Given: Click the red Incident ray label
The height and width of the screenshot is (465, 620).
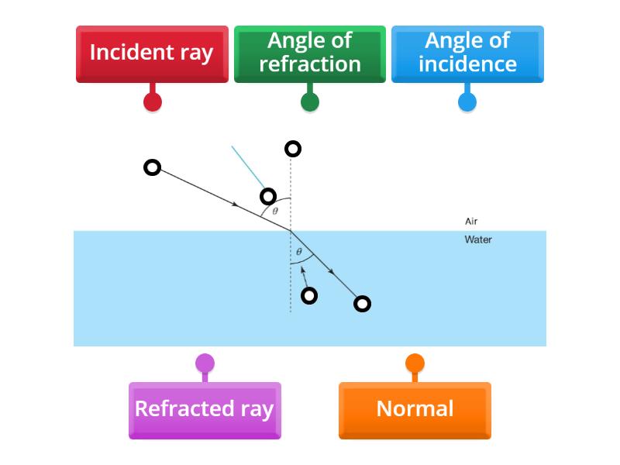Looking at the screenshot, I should pyautogui.click(x=152, y=53).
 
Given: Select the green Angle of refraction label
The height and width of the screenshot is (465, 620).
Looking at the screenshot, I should pyautogui.click(x=309, y=53).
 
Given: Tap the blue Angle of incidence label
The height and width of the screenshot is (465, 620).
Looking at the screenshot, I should pyautogui.click(x=467, y=53).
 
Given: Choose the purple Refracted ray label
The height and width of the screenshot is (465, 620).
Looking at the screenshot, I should pyautogui.click(x=205, y=409).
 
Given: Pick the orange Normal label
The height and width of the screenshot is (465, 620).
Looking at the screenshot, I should pyautogui.click(x=415, y=409).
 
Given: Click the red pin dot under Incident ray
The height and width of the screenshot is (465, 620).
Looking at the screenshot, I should pyautogui.click(x=153, y=102).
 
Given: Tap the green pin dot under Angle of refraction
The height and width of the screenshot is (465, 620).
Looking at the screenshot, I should pyautogui.click(x=309, y=102).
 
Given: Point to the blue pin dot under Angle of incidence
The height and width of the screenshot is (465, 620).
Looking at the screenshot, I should pyautogui.click(x=467, y=102).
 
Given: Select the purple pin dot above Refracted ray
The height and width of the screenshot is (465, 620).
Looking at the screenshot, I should pyautogui.click(x=205, y=363).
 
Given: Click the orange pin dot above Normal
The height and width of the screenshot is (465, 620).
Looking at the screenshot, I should pyautogui.click(x=415, y=363).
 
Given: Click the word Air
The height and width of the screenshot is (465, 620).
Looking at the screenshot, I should pyautogui.click(x=471, y=222).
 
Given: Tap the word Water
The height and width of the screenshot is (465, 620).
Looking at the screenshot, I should pyautogui.click(x=478, y=239).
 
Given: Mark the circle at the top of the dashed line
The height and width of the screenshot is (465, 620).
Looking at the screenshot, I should pyautogui.click(x=292, y=149).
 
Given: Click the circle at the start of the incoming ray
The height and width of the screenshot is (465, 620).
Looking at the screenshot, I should pyautogui.click(x=153, y=167).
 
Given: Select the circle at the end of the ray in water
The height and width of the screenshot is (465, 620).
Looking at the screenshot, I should pyautogui.click(x=362, y=304).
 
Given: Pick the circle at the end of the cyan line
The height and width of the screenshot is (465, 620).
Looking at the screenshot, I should pyautogui.click(x=268, y=196).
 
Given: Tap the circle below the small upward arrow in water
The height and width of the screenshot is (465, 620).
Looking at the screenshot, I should pyautogui.click(x=309, y=295).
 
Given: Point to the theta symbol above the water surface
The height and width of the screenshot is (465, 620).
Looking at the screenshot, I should pyautogui.click(x=275, y=211).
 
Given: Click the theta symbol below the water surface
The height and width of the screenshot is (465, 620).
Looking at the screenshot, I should pyautogui.click(x=299, y=252).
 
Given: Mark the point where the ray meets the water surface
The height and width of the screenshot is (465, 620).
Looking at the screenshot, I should pyautogui.click(x=291, y=231).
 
